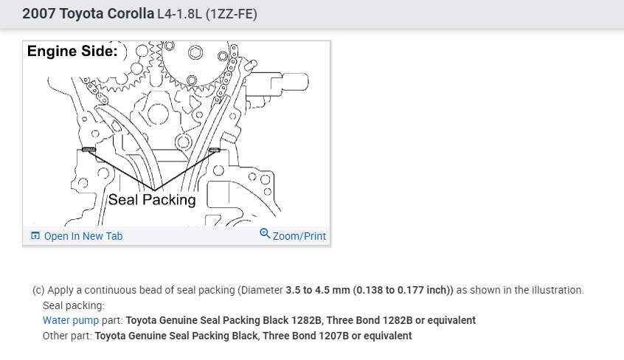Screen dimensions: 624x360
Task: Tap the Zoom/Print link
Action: pyautogui.click(x=299, y=236)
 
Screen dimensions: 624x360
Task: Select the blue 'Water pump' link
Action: pyautogui.click(x=71, y=321)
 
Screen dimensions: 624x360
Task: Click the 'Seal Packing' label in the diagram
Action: pyautogui.click(x=152, y=199)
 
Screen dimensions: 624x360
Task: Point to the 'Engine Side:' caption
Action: pyautogui.click(x=72, y=51)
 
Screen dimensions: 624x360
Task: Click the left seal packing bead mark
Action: pyautogui.click(x=89, y=150)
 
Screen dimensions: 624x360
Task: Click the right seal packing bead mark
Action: pyautogui.click(x=214, y=150)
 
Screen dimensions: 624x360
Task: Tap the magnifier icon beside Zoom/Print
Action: pyautogui.click(x=265, y=233)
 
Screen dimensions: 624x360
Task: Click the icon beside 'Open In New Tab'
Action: pyautogui.click(x=35, y=236)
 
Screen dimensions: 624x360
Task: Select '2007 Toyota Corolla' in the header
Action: pyautogui.click(x=88, y=13)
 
